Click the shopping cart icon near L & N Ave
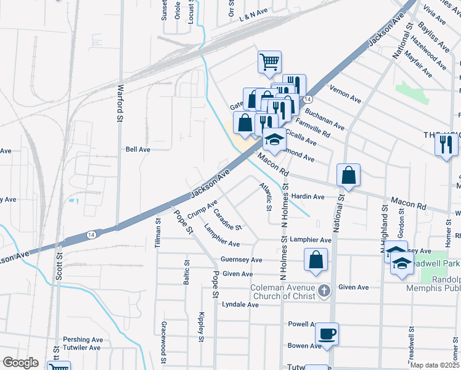pyautogui.click(x=269, y=62)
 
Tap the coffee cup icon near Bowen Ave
pyautogui.click(x=327, y=334)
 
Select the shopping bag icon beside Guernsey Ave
pyautogui.click(x=316, y=260)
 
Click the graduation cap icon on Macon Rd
pyautogui.click(x=275, y=140)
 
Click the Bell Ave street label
pyautogui.click(x=138, y=149)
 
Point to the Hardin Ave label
pyautogui.click(x=308, y=197)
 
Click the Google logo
pyautogui.click(x=20, y=363)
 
